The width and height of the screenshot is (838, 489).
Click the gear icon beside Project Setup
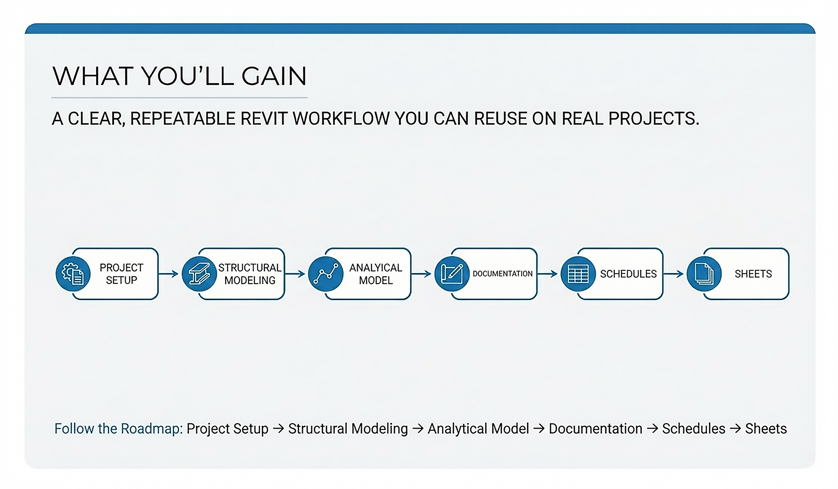pyautogui.click(x=73, y=274)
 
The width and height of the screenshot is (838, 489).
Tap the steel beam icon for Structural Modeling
pyautogui.click(x=199, y=274)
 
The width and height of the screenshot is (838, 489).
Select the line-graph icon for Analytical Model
pyautogui.click(x=326, y=274)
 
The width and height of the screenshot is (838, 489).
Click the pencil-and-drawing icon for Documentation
pyautogui.click(x=452, y=274)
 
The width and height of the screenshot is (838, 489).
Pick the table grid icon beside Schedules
pyautogui.click(x=578, y=274)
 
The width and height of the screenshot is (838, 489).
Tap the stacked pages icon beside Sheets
pyautogui.click(x=704, y=274)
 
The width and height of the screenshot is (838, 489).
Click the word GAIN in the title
pyautogui.click(x=274, y=76)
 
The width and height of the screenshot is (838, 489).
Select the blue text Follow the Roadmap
pyautogui.click(x=118, y=429)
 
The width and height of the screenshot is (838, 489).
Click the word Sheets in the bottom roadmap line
pyautogui.click(x=766, y=429)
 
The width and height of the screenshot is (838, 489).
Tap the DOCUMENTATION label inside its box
pyautogui.click(x=502, y=274)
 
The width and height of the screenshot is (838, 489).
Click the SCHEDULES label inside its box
pyautogui.click(x=628, y=274)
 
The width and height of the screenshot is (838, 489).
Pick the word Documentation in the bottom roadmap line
pyautogui.click(x=595, y=429)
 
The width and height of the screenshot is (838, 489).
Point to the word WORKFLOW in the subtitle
pyautogui.click(x=341, y=119)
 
